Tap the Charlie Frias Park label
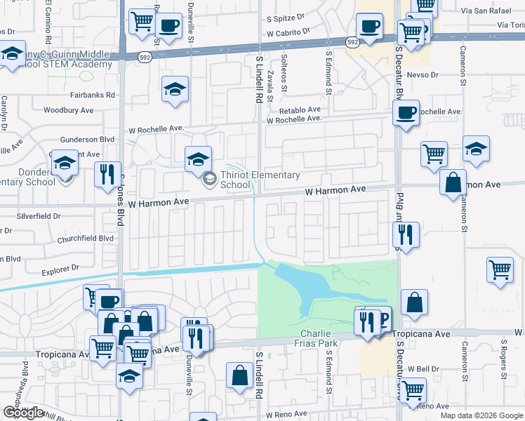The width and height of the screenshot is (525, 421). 319,338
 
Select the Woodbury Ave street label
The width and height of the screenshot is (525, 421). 68,110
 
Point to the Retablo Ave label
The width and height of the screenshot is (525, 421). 300,110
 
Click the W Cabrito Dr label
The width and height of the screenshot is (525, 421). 288,32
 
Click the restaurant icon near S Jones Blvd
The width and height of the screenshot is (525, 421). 107,173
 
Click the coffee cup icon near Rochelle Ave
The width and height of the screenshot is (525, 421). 406,113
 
